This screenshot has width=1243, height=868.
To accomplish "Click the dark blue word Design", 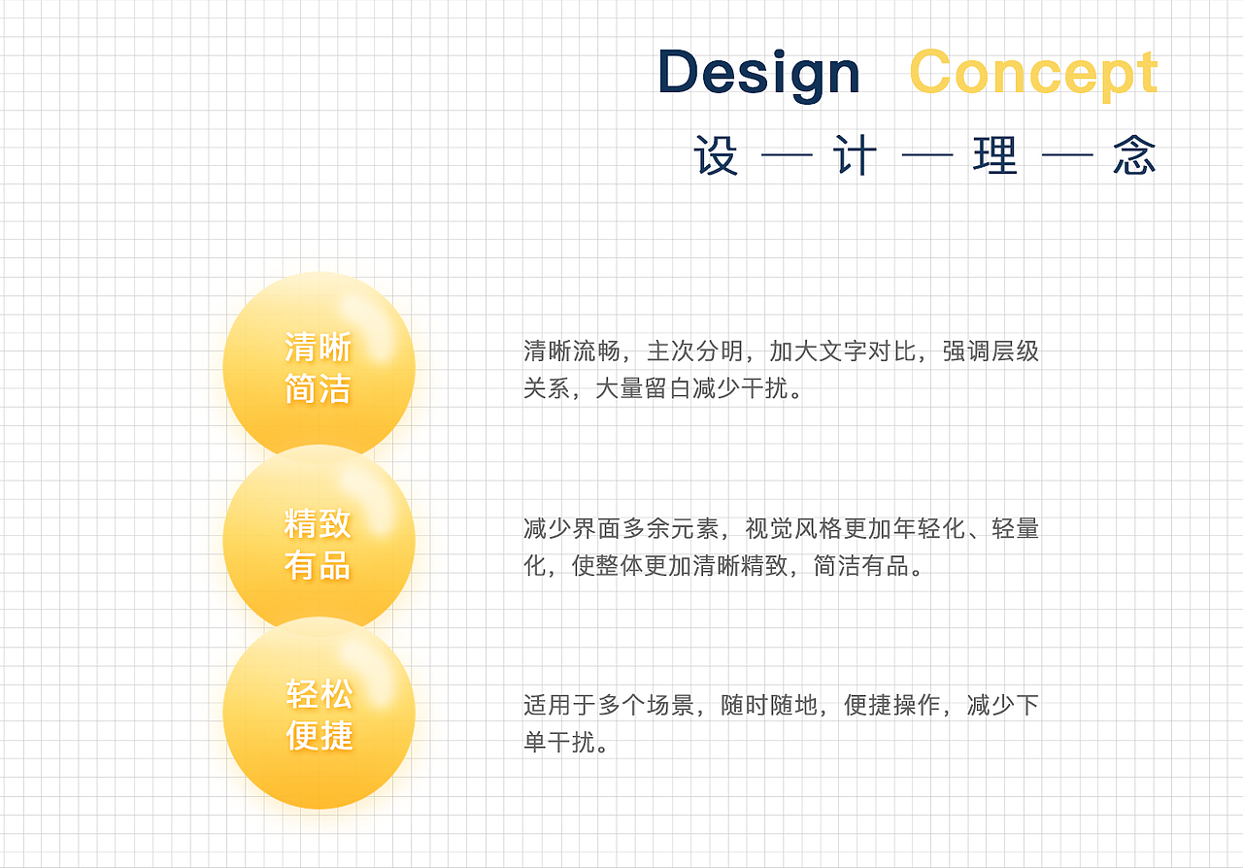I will tap(758, 74).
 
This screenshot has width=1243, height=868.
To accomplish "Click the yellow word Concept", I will tap(1033, 74).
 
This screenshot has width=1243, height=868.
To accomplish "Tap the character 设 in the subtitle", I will tap(717, 155).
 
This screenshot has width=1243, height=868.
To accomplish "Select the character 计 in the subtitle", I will tap(856, 155).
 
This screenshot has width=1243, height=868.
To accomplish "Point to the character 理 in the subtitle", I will tap(995, 155).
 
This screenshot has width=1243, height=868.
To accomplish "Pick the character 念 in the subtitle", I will tap(1135, 155).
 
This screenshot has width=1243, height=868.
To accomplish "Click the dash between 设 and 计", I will tap(787, 155).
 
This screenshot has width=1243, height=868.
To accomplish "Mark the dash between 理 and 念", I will tap(1065, 155).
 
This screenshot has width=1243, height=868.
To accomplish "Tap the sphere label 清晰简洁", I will tap(319, 368).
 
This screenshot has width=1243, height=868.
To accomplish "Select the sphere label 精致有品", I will tap(319, 544).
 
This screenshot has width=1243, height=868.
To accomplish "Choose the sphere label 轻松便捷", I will tap(319, 715).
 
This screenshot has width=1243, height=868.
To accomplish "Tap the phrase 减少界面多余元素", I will tap(621, 529).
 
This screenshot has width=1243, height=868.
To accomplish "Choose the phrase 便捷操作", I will tap(891, 706).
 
